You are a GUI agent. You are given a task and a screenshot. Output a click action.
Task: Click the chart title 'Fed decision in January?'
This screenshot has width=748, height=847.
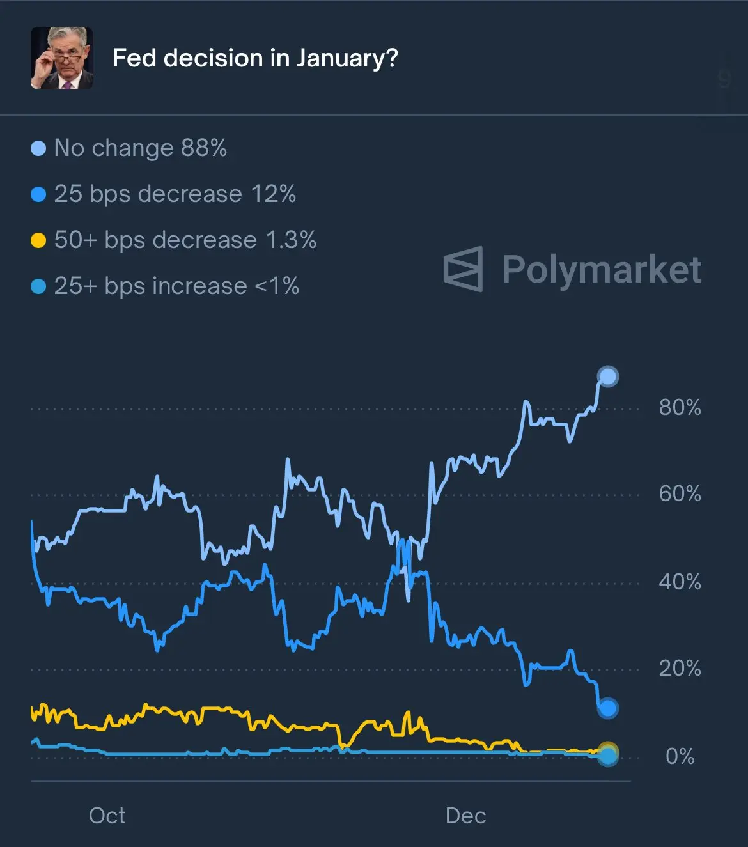(255, 58)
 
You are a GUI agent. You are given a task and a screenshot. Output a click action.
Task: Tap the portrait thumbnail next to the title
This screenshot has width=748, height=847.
(62, 58)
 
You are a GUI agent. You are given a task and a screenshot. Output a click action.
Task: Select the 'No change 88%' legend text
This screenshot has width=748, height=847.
(141, 148)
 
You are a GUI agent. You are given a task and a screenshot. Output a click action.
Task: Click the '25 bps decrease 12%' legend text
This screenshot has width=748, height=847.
(175, 194)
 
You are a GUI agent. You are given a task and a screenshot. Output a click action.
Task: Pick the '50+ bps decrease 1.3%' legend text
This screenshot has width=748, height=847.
(185, 240)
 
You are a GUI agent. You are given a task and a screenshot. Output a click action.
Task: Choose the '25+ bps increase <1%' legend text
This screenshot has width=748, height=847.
(176, 286)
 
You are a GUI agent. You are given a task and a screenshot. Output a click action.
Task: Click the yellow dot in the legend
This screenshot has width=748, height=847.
(38, 240)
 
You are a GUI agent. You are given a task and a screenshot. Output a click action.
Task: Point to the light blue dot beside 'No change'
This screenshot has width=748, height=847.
(38, 148)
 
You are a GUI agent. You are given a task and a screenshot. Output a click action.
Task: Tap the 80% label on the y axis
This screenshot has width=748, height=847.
(680, 407)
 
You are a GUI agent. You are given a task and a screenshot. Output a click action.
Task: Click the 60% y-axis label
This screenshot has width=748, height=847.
(680, 493)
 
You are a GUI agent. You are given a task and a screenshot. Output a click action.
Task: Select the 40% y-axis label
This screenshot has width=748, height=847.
(680, 582)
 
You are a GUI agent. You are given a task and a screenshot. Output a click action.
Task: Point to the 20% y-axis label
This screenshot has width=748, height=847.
(680, 668)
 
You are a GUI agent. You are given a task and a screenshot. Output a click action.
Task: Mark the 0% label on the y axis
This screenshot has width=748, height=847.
(680, 756)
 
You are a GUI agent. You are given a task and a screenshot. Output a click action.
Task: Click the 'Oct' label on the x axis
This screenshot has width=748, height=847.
(107, 815)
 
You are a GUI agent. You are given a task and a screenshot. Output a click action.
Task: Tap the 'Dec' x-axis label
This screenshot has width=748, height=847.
(465, 815)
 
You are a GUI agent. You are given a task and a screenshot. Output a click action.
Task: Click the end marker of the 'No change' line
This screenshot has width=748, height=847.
(607, 377)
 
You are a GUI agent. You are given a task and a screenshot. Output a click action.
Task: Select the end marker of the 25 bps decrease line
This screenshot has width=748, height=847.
(607, 708)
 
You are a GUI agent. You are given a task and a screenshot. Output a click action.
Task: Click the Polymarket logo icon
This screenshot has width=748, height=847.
(464, 269)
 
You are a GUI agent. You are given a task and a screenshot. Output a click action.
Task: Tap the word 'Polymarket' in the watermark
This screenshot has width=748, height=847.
(601, 269)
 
